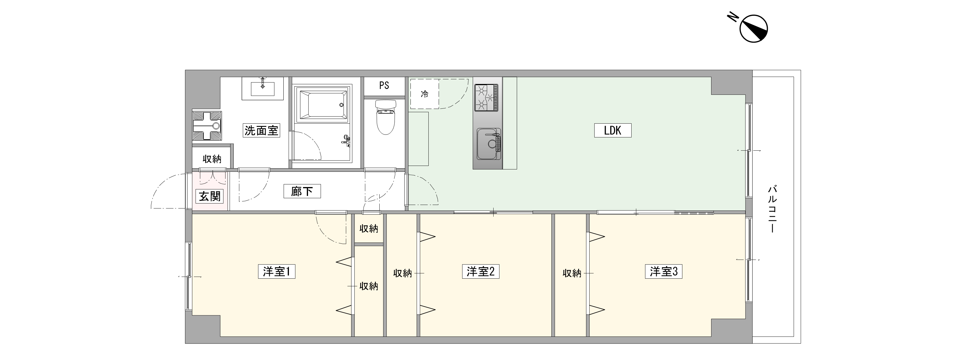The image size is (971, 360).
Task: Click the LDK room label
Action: point(612,130)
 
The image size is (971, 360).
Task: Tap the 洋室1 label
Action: point(276,271)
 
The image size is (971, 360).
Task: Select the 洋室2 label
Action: point(481,271)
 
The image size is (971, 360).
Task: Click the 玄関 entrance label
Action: point(210,196)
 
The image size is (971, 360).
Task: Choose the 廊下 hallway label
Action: point(302,191)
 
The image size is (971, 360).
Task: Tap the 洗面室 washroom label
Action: point(261,130)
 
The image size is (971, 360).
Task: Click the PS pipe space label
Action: point(384,85)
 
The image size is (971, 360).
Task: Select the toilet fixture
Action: point(385,117)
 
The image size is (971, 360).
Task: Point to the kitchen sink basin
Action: point(489,144)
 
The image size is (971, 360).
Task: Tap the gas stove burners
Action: point(486,97)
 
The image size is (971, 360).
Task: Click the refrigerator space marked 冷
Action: point(425,94)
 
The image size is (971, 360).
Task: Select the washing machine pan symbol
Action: point(207,125)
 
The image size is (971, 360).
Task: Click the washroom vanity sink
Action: point(263,88)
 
